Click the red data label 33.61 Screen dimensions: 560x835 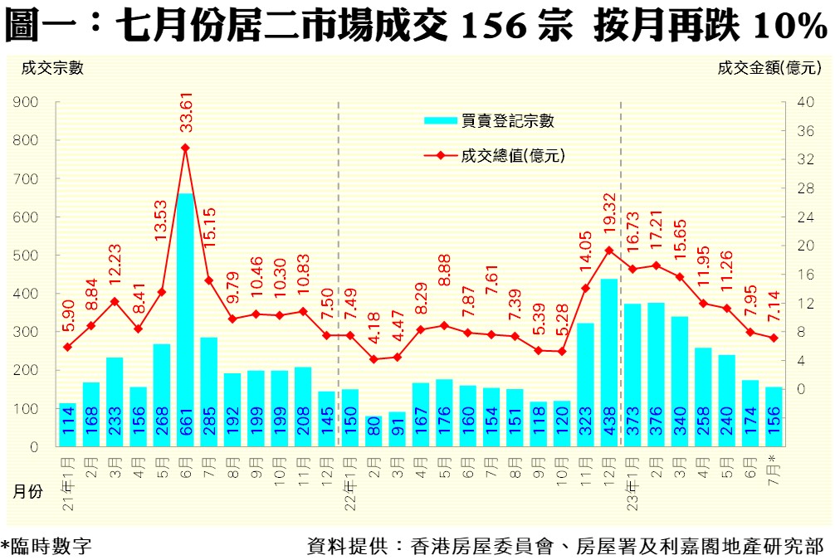185,116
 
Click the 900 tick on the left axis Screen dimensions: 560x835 27,102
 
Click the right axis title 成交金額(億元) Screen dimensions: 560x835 769,69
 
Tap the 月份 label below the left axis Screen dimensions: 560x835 27,492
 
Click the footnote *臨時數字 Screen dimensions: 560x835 46,547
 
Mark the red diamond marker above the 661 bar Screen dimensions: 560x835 185,148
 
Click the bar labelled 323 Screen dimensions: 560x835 585,384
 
